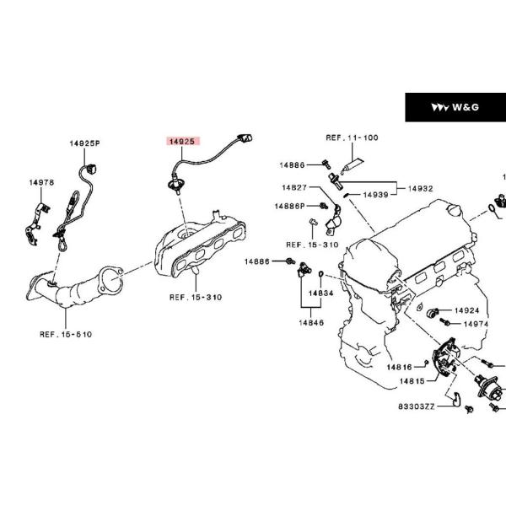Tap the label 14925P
(x=84, y=144)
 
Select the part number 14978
(x=41, y=182)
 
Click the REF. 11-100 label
(x=352, y=137)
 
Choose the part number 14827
(x=294, y=187)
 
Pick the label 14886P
(x=289, y=206)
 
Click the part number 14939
(x=375, y=195)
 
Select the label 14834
(x=320, y=293)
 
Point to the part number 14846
(x=310, y=322)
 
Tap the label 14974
(x=475, y=324)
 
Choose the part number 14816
(x=400, y=367)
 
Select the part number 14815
(x=411, y=381)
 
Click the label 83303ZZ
(x=417, y=406)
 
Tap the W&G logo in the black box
(x=455, y=107)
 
